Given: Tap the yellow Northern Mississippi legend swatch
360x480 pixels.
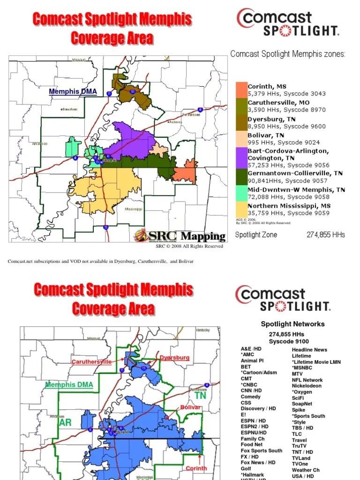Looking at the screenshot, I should click(x=241, y=209).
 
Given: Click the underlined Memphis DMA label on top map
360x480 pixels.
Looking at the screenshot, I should click(x=73, y=91).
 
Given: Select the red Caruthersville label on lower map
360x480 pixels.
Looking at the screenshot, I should click(x=91, y=362).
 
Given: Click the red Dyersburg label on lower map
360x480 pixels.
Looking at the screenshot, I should click(x=174, y=358).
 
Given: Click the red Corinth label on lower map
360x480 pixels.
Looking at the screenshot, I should click(x=196, y=468).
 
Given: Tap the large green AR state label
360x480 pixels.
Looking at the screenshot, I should click(x=66, y=422).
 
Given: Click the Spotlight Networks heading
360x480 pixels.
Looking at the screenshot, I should click(x=292, y=324).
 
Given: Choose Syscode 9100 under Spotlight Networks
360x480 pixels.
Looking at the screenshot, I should click(x=289, y=342).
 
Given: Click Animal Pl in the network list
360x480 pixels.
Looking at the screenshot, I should click(x=252, y=360).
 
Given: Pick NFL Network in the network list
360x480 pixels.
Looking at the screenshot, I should click(x=307, y=380).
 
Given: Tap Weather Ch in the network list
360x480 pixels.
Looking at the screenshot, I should click(x=306, y=470).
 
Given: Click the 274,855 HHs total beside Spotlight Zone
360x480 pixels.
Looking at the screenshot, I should click(x=326, y=234).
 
